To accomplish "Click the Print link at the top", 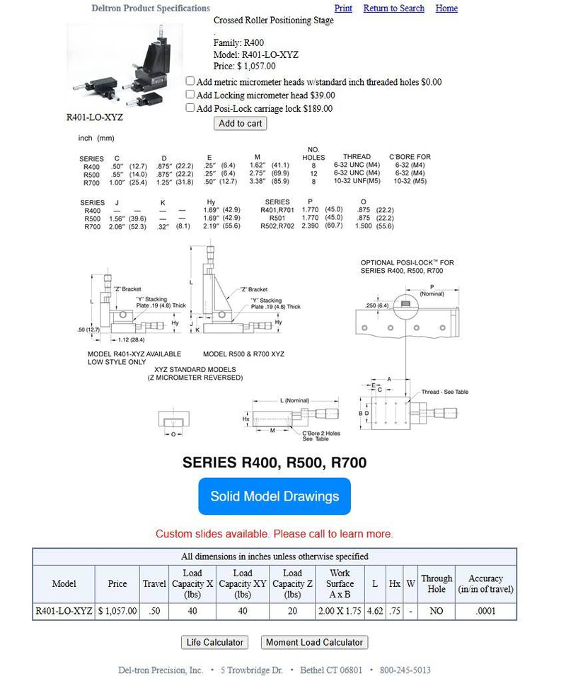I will click(343, 8).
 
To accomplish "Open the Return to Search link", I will click(393, 8).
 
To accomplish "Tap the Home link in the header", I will click(446, 8).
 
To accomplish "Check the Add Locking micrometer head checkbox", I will click(190, 94).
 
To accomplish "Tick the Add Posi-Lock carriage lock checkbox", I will click(190, 107).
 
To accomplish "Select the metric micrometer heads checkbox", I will click(190, 81).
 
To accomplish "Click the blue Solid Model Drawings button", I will click(275, 496).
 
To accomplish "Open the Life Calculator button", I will click(214, 643).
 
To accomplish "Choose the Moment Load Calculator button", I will click(314, 643).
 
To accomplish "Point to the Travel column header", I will click(154, 584).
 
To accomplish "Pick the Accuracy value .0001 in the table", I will click(485, 611).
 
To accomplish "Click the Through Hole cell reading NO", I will click(437, 611).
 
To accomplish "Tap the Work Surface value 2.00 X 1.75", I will click(340, 611).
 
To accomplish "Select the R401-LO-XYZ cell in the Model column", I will click(64, 611).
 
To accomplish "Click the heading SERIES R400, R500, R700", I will click(275, 463).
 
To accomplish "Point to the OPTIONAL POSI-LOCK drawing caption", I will click(407, 267).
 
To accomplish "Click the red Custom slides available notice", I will click(275, 534).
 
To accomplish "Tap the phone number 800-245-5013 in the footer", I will click(405, 670).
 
